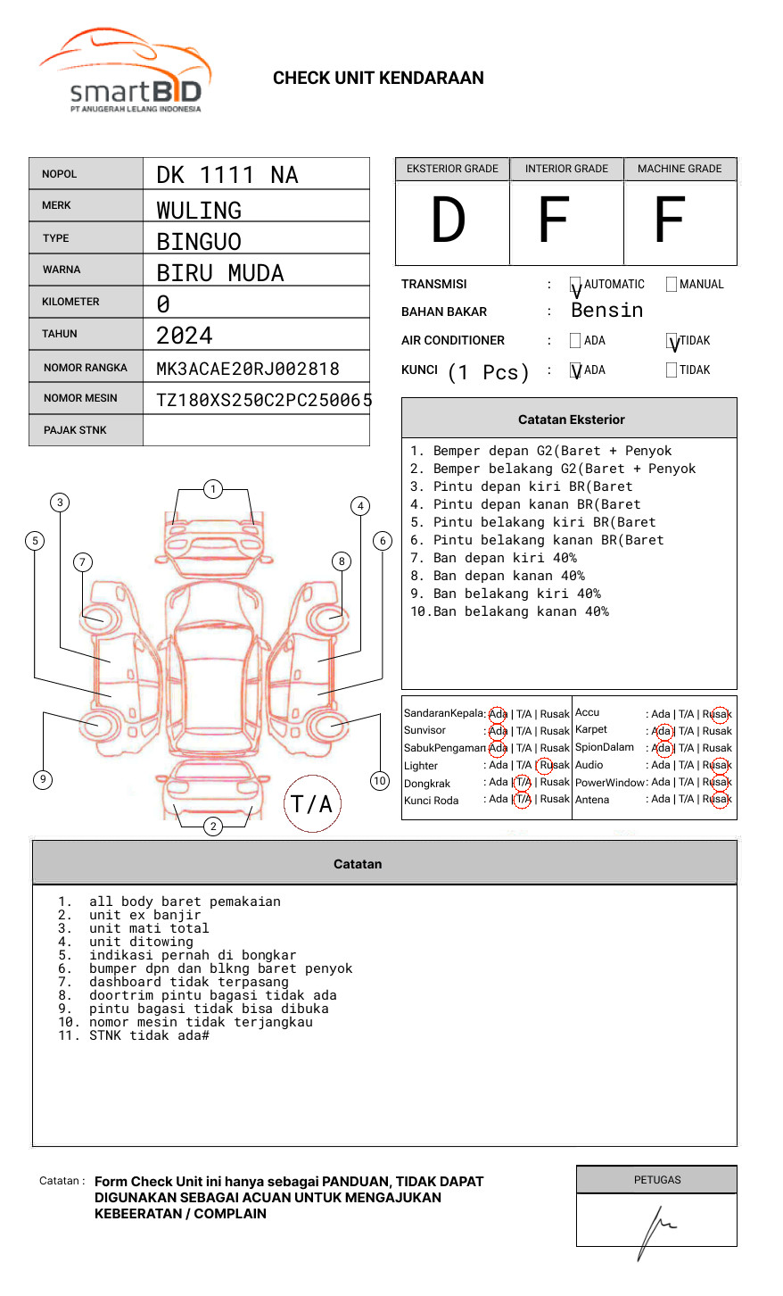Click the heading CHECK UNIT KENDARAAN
click(x=378, y=79)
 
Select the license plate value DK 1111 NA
click(x=227, y=175)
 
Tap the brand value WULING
click(x=199, y=210)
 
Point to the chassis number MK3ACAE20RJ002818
click(x=248, y=369)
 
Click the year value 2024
click(x=185, y=336)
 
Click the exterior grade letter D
click(x=449, y=220)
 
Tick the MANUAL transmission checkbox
click(x=672, y=285)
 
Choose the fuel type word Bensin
click(x=606, y=311)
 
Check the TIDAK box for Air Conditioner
click(x=672, y=341)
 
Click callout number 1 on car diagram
click(x=212, y=488)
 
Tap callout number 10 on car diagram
click(x=380, y=781)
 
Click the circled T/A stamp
click(x=312, y=804)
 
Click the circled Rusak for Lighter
click(x=554, y=765)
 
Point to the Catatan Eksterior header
click(x=570, y=420)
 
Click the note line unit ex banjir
click(x=144, y=915)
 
